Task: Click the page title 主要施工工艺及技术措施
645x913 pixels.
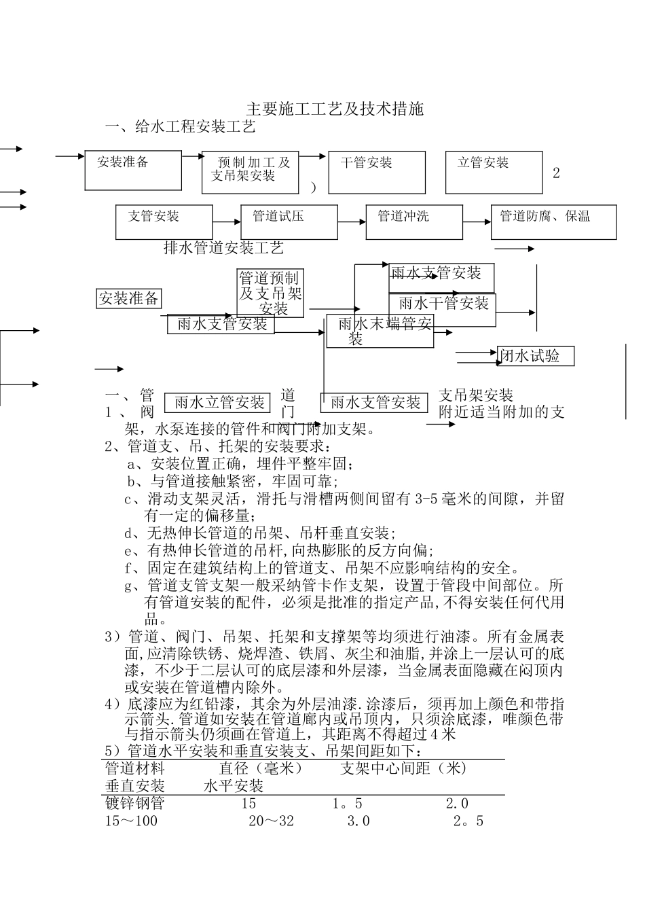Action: pyautogui.click(x=334, y=109)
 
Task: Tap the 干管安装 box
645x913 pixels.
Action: pyautogui.click(x=376, y=172)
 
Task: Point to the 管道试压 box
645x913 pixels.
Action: pyautogui.click(x=289, y=221)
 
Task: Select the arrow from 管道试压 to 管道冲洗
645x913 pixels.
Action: pyautogui.click(x=352, y=221)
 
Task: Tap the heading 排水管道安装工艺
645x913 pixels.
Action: pyautogui.click(x=223, y=248)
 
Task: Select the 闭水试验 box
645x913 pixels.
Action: pyautogui.click(x=536, y=356)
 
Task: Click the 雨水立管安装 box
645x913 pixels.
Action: pyautogui.click(x=219, y=403)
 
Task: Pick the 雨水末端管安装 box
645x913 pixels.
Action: pyautogui.click(x=380, y=331)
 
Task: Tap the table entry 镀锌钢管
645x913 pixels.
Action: pyautogui.click(x=134, y=804)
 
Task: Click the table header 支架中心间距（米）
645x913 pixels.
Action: pyautogui.click(x=404, y=768)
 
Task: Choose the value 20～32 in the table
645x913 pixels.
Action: pyautogui.click(x=271, y=821)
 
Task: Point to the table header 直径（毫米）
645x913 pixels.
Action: pyautogui.click(x=261, y=768)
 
